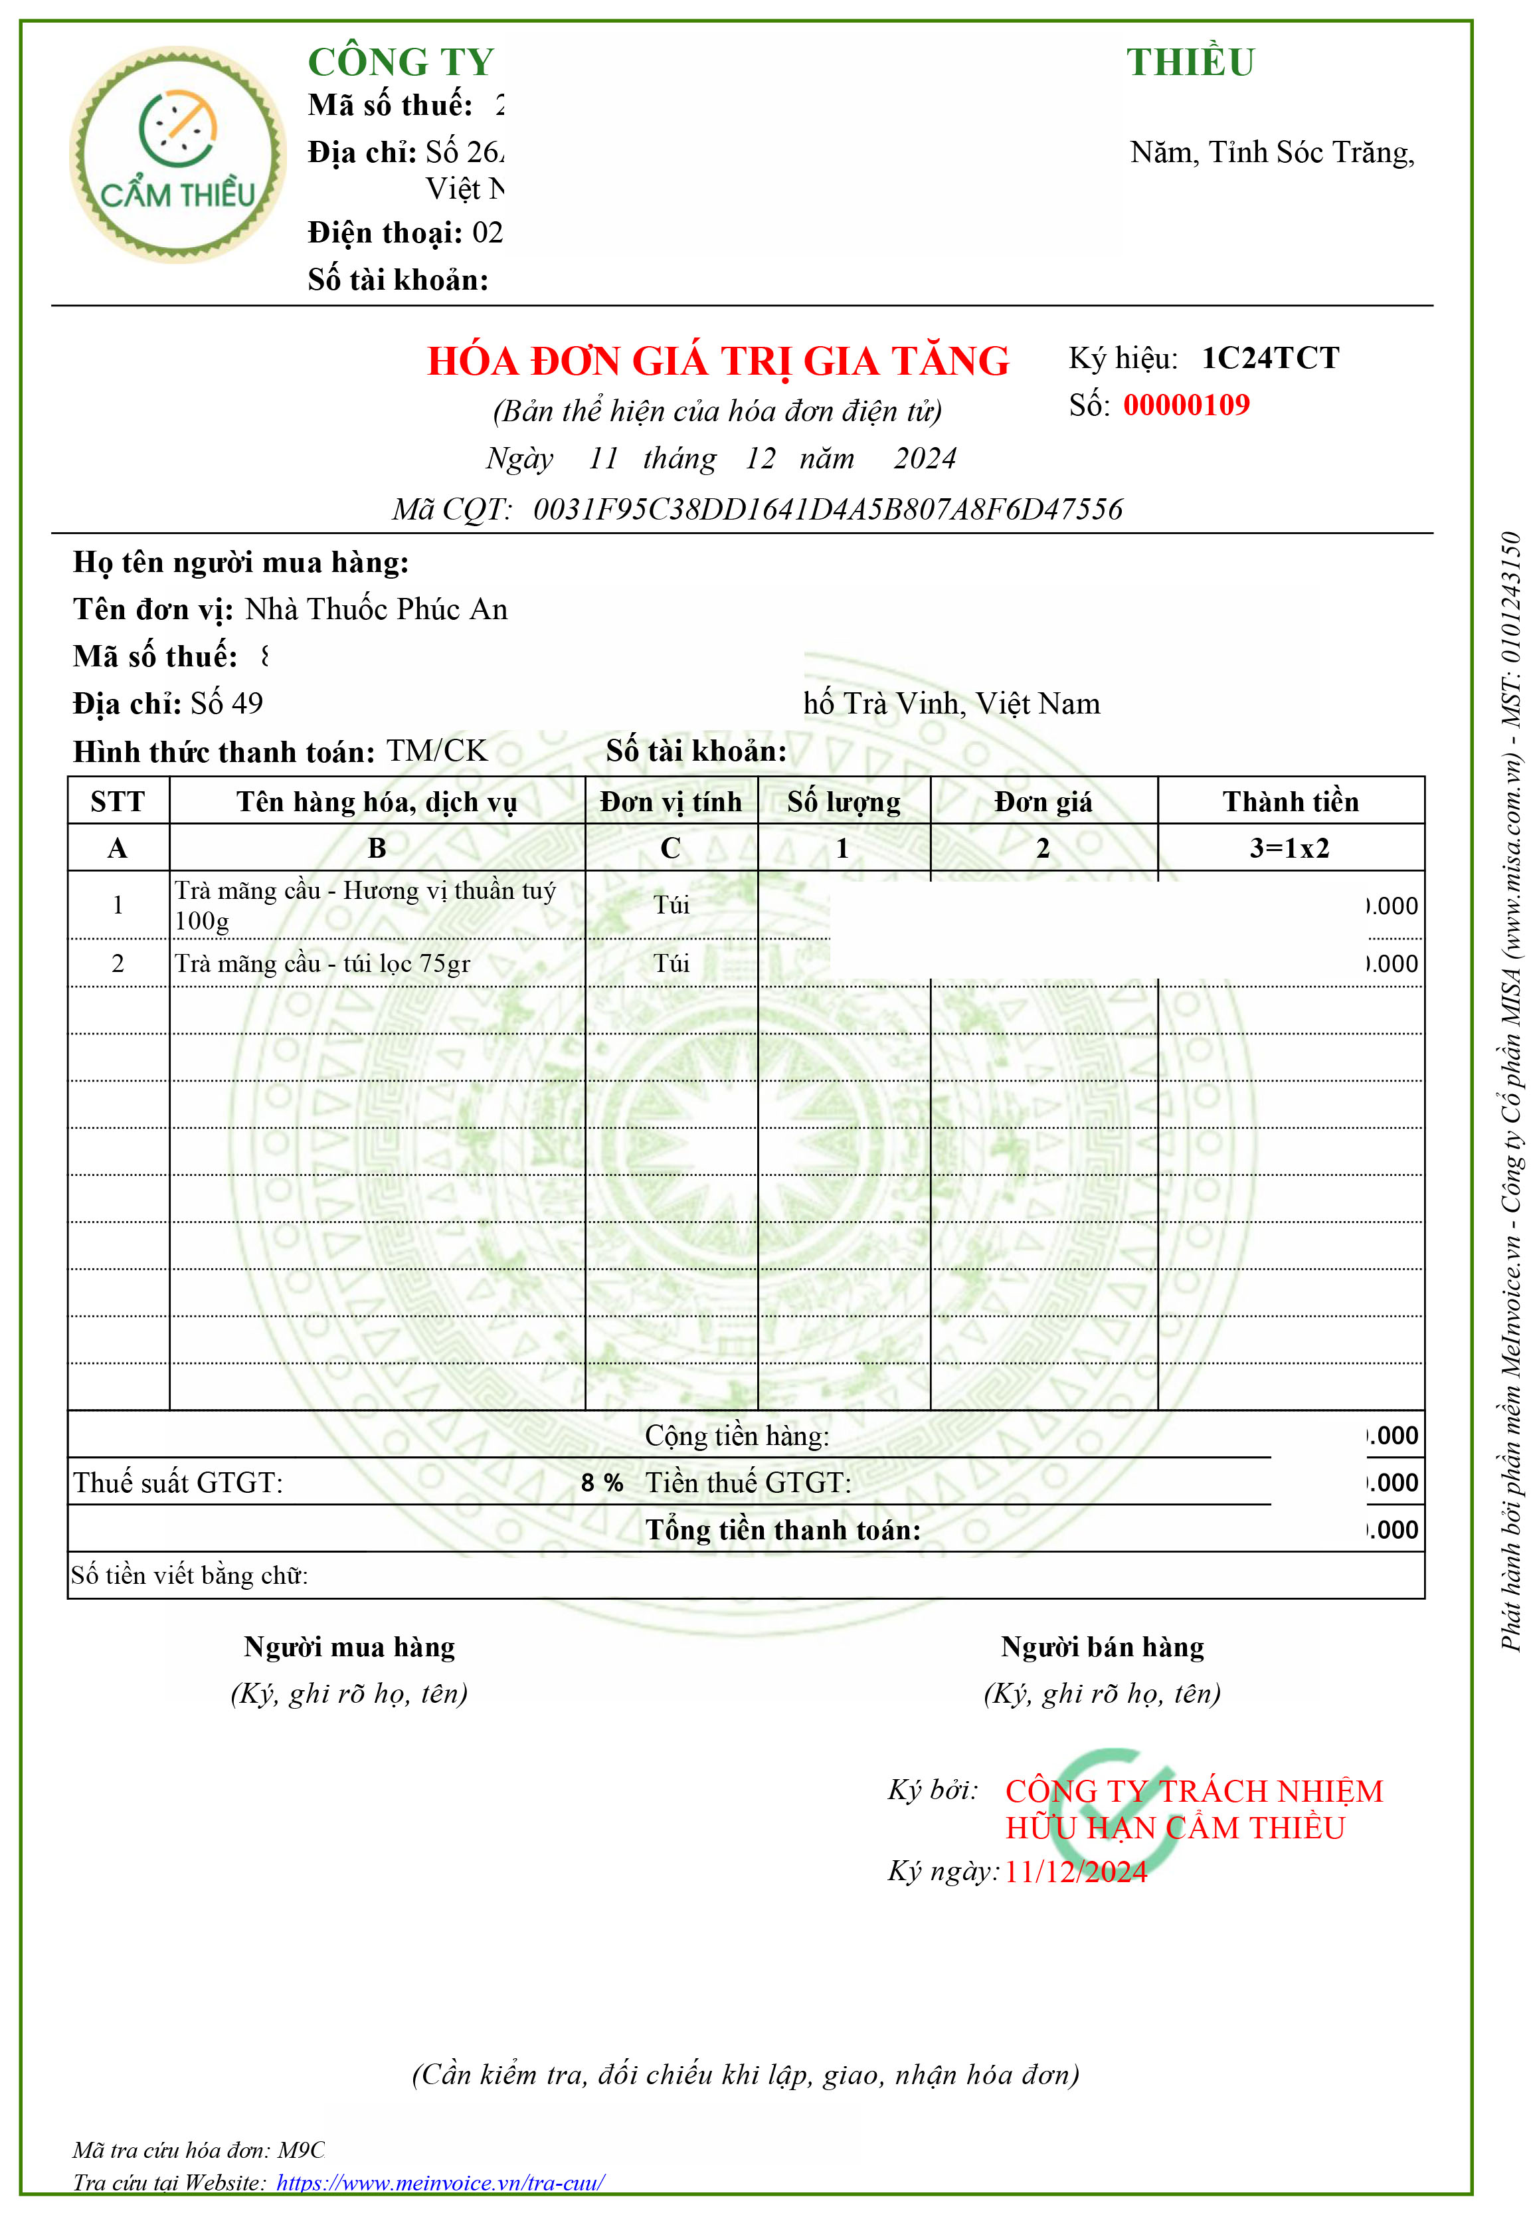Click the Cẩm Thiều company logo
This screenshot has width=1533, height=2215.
point(178,155)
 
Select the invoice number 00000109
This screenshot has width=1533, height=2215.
point(1186,405)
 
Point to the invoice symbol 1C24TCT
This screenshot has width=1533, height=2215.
point(1270,358)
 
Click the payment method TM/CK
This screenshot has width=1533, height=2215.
point(437,751)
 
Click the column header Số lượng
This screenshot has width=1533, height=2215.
point(844,802)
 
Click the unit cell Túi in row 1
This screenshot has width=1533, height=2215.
point(672,905)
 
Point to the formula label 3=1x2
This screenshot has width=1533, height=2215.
point(1289,848)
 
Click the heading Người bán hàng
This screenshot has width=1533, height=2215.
point(1102,1648)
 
